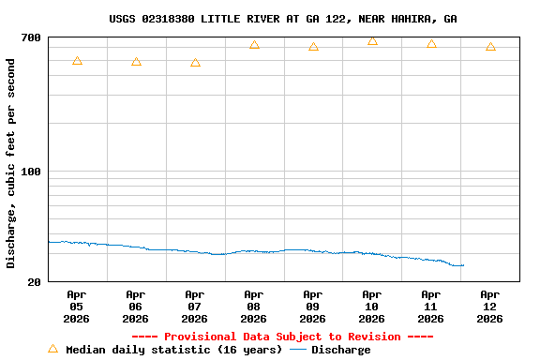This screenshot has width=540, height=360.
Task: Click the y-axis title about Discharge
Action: (x=11, y=163)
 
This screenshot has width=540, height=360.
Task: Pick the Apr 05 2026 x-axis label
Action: (x=77, y=306)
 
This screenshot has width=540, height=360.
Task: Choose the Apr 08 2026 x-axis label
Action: (x=254, y=306)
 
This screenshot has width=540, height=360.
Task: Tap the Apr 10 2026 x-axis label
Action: (x=372, y=306)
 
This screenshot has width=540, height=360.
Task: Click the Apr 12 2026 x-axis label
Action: (x=490, y=306)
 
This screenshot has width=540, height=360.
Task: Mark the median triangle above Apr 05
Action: (x=77, y=61)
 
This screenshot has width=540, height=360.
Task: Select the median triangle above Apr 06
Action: (x=136, y=62)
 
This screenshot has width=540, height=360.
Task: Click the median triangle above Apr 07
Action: (x=195, y=63)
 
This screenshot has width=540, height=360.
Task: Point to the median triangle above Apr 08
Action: (x=254, y=45)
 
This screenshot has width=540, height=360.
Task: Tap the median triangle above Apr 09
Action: (x=313, y=47)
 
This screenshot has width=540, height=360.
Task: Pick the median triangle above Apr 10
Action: (x=372, y=41)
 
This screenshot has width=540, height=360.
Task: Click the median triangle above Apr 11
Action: (x=431, y=44)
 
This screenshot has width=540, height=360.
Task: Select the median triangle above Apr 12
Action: (x=490, y=47)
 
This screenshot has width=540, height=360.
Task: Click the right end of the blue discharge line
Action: (x=463, y=265)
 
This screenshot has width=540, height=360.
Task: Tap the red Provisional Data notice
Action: (x=282, y=337)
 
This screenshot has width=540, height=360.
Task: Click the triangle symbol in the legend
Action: (x=53, y=350)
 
